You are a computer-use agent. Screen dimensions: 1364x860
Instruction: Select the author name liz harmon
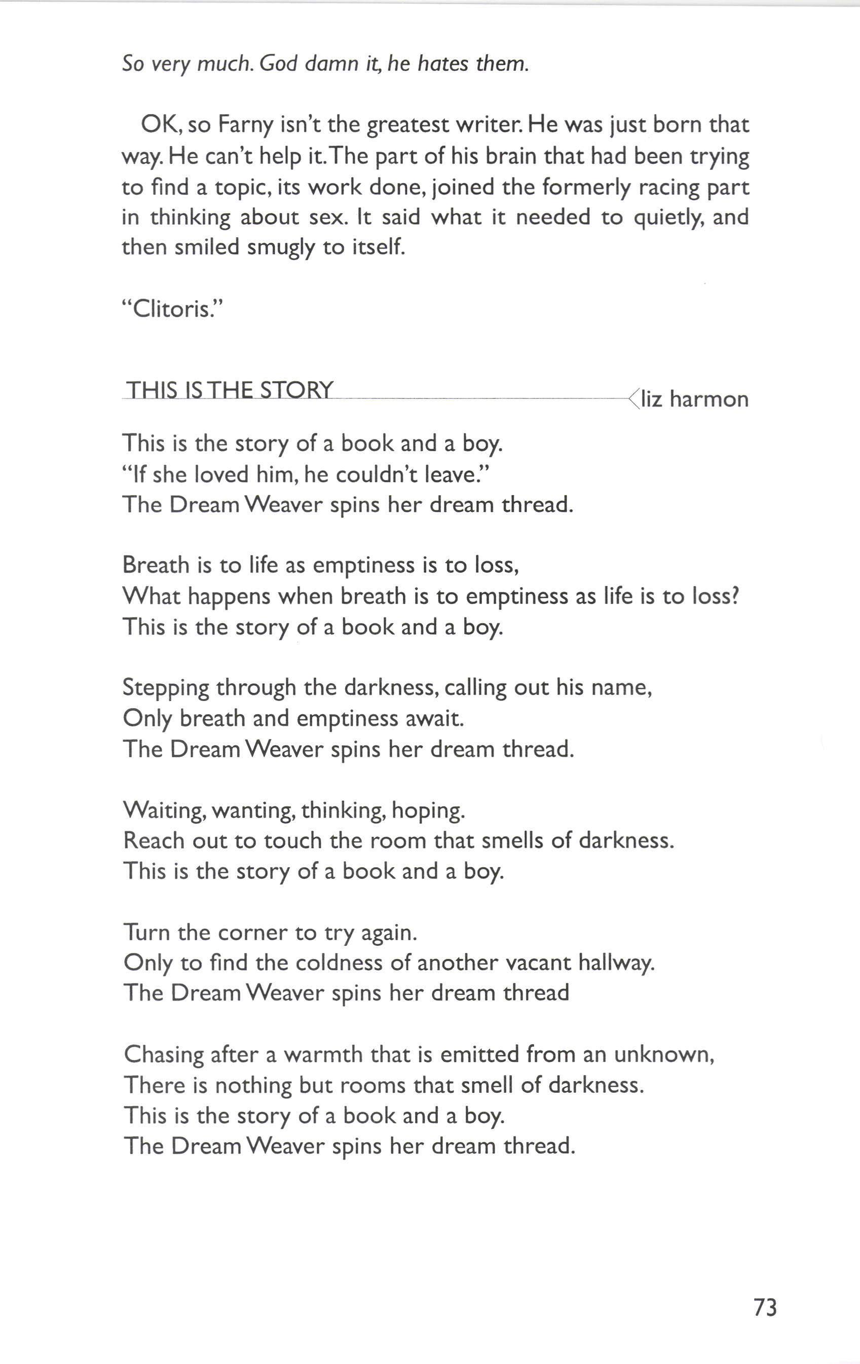tap(695, 399)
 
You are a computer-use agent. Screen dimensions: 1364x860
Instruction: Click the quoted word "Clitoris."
tap(173, 309)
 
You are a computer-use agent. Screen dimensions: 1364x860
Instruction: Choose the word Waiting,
tap(164, 811)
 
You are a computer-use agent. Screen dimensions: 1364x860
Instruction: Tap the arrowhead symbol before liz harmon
tap(633, 399)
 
